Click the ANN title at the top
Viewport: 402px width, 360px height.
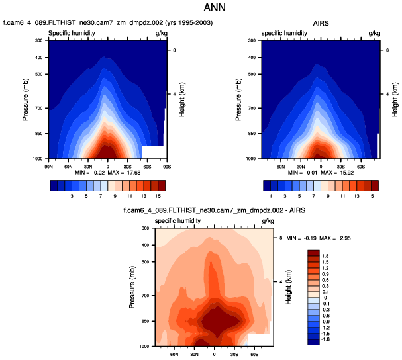click(x=201, y=10)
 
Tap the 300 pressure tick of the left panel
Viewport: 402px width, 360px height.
click(x=38, y=41)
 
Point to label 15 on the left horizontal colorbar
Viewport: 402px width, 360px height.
click(x=158, y=197)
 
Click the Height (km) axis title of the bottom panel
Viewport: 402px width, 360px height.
click(x=289, y=287)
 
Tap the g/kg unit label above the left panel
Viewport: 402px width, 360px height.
click(x=161, y=32)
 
